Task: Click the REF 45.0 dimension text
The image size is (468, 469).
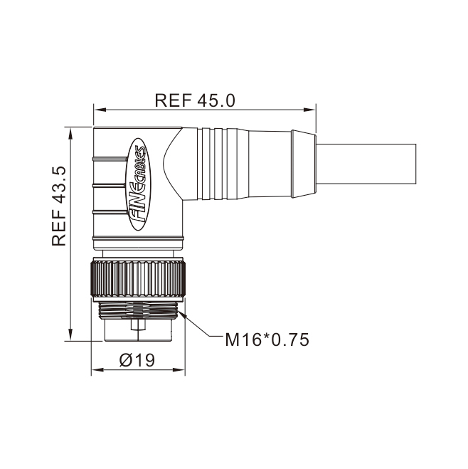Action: pos(195,100)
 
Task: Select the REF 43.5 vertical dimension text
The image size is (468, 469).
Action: pos(59,206)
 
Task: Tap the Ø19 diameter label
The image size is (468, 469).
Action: pos(137,360)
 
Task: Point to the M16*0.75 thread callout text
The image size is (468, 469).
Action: pos(267,339)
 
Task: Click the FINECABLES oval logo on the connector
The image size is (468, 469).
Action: pos(139,184)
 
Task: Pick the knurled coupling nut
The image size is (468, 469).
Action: pos(138,279)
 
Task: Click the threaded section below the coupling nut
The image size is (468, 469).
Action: pos(138,310)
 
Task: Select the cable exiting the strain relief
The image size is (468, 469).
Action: pos(366,164)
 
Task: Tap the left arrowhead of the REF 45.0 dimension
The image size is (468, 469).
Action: pos(100,110)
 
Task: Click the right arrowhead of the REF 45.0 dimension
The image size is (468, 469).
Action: pos(309,110)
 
